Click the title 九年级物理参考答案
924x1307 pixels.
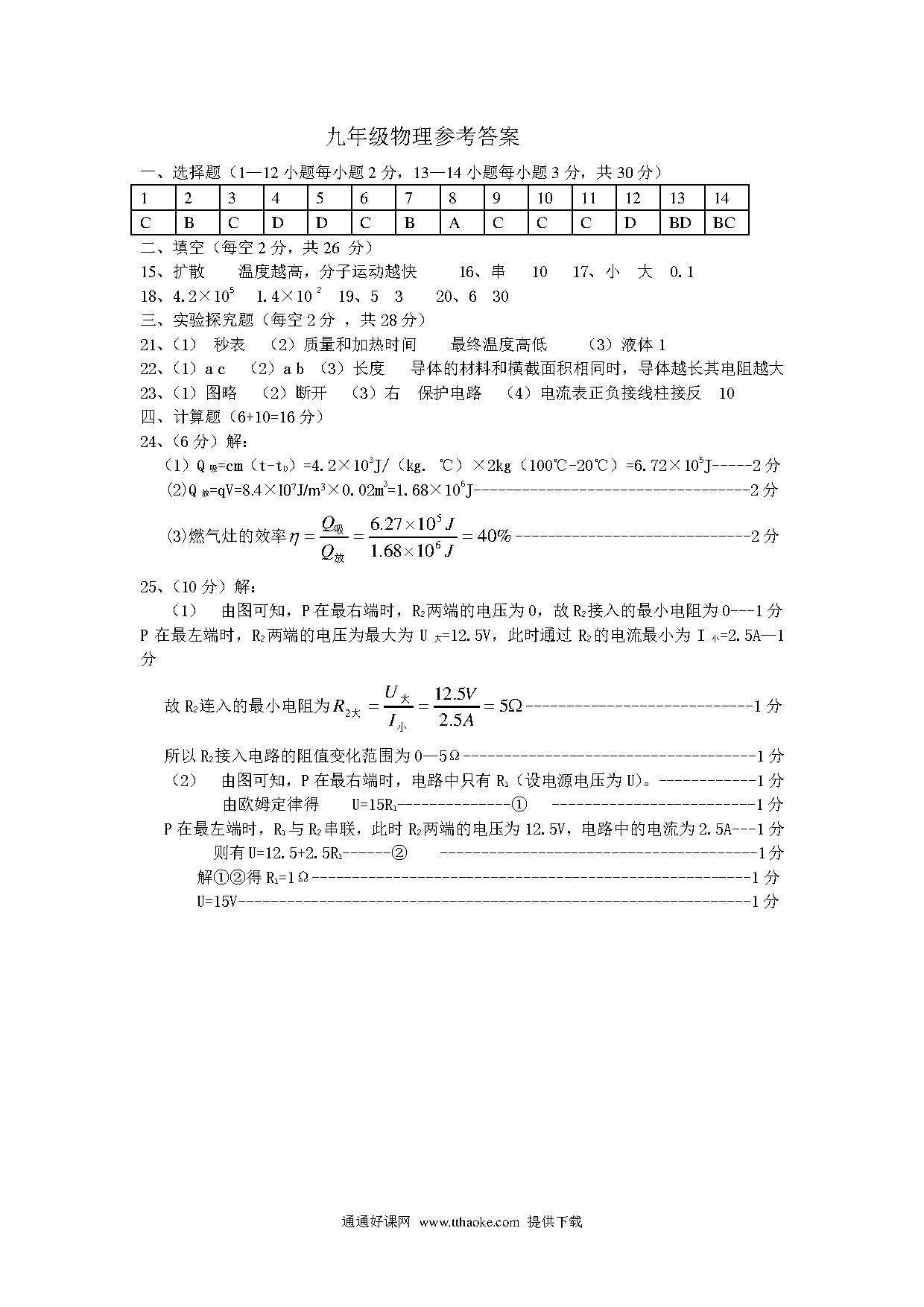pyautogui.click(x=423, y=137)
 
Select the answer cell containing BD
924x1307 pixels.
pyautogui.click(x=680, y=223)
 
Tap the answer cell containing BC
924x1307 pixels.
pyautogui.click(x=724, y=223)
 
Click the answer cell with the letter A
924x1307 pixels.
pyautogui.click(x=455, y=223)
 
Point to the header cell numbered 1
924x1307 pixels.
pyautogui.click(x=145, y=198)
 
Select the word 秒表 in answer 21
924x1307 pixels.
pyautogui.click(x=229, y=344)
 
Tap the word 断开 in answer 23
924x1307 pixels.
pyautogui.click(x=311, y=393)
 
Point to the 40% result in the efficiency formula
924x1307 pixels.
pyautogui.click(x=494, y=536)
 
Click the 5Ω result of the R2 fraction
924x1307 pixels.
pyautogui.click(x=510, y=706)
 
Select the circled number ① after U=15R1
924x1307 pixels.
pyautogui.click(x=519, y=805)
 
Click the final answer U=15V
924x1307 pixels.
pyautogui.click(x=217, y=902)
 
